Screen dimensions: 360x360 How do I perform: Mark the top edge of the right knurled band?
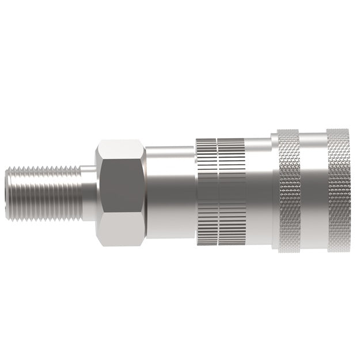coord(338,130)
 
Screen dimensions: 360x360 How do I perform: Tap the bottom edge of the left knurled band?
coord(289,251)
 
